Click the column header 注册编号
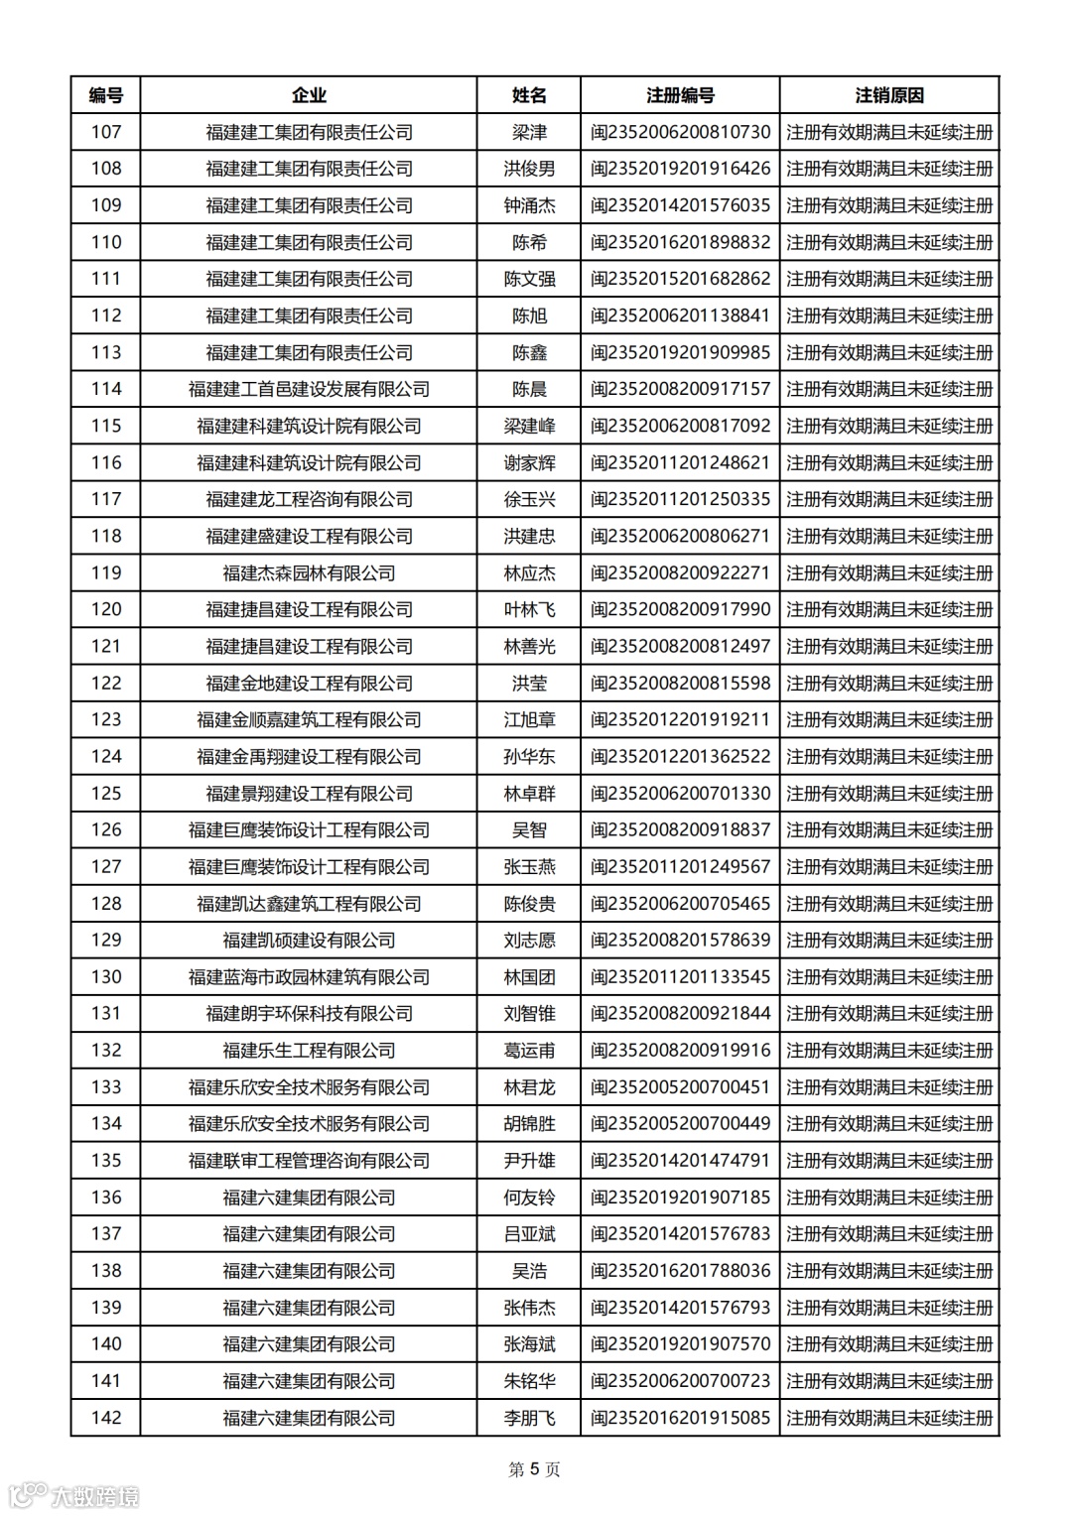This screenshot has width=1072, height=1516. pyautogui.click(x=680, y=95)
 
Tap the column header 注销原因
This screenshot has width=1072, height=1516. pyautogui.click(x=889, y=95)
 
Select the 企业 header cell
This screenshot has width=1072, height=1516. pyautogui.click(x=309, y=95)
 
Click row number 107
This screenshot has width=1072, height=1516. pyautogui.click(x=106, y=132)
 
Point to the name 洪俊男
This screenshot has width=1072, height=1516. pyautogui.click(x=529, y=169)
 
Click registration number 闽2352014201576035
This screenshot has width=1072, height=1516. pyautogui.click(x=680, y=205)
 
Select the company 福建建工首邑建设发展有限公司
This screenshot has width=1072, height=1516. pyautogui.click(x=309, y=389)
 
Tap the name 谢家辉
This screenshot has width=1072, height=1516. pyautogui.click(x=529, y=462)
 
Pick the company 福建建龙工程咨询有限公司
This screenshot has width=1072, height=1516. pyautogui.click(x=309, y=499)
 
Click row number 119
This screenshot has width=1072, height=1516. pyautogui.click(x=106, y=572)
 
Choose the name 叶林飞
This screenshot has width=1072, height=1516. pyautogui.click(x=529, y=609)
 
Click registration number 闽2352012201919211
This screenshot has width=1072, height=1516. pyautogui.click(x=680, y=719)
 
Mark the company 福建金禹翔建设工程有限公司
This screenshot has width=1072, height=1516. pyautogui.click(x=309, y=756)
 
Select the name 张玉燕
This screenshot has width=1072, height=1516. pyautogui.click(x=529, y=866)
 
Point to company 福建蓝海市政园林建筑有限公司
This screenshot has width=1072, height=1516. pyautogui.click(x=309, y=976)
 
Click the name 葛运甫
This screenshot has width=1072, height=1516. pyautogui.click(x=529, y=1050)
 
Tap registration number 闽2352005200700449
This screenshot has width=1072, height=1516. pyautogui.click(x=680, y=1123)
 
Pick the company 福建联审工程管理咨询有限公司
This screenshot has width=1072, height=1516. pyautogui.click(x=309, y=1160)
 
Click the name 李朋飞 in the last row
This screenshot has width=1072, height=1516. pyautogui.click(x=529, y=1418)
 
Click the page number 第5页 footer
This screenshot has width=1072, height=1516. pyautogui.click(x=534, y=1469)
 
